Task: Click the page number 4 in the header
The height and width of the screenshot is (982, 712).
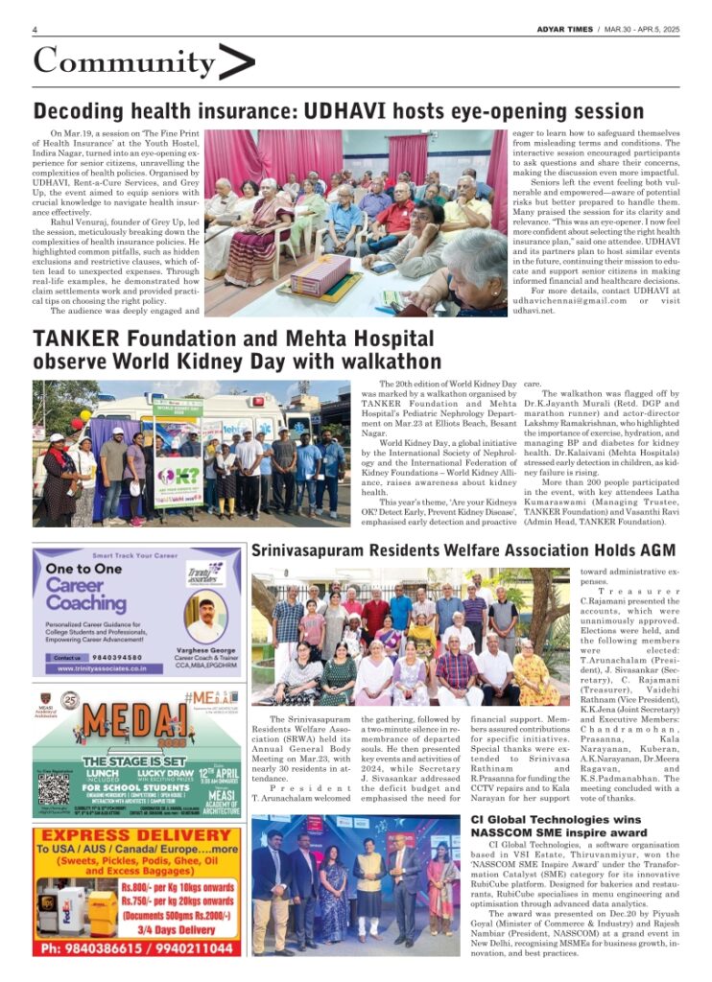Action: [x=35, y=30]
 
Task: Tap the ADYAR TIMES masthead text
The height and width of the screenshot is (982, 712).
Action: [x=566, y=30]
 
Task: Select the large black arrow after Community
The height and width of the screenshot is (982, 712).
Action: [x=236, y=62]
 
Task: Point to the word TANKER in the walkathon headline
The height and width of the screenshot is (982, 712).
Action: [x=76, y=339]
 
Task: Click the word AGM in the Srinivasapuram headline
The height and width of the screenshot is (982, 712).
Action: [x=655, y=550]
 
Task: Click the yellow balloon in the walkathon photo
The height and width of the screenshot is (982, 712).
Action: [x=85, y=415]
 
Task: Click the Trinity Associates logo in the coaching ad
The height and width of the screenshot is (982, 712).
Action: [x=203, y=574]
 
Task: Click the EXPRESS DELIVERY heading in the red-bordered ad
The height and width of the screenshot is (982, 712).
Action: [x=137, y=835]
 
